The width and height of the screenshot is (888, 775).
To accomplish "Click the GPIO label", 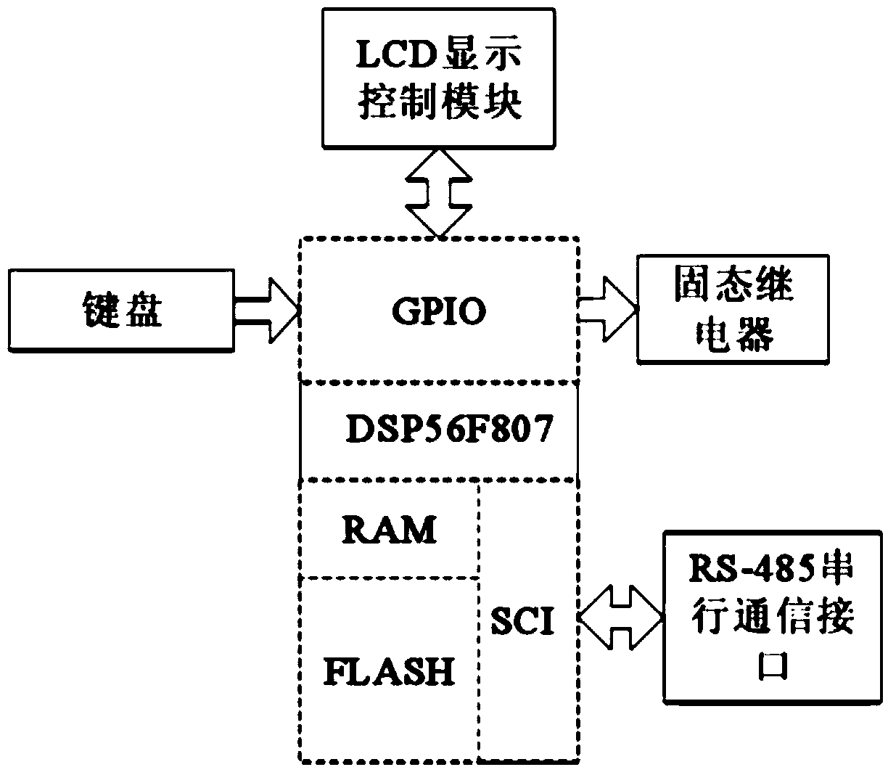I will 439,312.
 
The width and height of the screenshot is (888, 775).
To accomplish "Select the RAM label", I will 390,530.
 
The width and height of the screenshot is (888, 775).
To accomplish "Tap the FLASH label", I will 390,671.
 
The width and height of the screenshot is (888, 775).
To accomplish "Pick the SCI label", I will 522,621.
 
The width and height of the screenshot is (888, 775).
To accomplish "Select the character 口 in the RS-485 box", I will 773,664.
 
